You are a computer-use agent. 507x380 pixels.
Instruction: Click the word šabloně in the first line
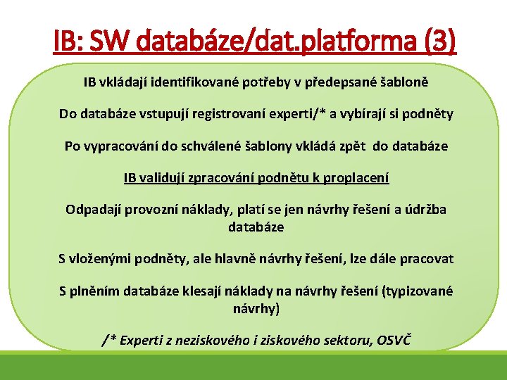click(x=399, y=82)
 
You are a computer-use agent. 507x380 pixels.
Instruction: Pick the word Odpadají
click(x=92, y=210)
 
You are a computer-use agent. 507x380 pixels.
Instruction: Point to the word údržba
click(x=425, y=210)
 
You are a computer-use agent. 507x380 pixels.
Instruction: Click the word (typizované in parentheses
click(x=418, y=291)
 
